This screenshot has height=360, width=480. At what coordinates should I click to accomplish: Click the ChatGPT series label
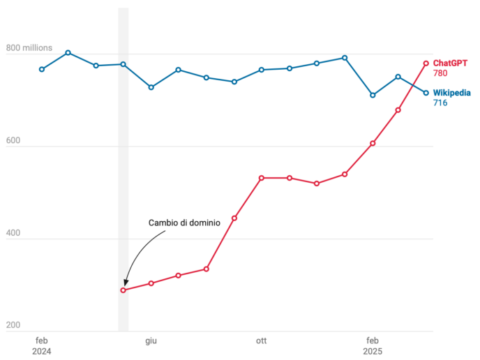(450, 63)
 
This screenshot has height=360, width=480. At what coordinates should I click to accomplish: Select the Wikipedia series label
(451, 93)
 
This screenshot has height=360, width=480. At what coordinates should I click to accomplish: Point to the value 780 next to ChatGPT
(440, 73)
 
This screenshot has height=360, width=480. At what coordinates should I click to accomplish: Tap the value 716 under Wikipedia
(440, 103)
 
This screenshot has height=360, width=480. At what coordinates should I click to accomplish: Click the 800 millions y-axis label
(29, 48)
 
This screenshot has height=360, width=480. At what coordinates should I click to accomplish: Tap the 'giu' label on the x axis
(151, 340)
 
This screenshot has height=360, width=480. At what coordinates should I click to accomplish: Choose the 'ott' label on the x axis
(261, 340)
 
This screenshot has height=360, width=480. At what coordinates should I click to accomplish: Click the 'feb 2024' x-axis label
(41, 346)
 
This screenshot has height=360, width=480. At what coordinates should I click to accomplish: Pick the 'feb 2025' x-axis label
(372, 346)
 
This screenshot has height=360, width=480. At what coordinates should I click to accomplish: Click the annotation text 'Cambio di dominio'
(184, 223)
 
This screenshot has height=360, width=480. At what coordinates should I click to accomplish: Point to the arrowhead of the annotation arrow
(126, 284)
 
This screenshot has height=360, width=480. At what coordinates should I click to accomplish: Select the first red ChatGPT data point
(123, 290)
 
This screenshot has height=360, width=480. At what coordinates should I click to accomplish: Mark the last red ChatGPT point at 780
(426, 63)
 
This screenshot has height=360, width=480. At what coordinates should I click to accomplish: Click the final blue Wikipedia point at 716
(426, 93)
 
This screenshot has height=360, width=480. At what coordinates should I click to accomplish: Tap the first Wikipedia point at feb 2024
(41, 69)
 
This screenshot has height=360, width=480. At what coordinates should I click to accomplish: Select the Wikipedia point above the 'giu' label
(151, 87)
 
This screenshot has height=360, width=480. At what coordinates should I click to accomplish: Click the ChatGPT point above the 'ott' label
(261, 178)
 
